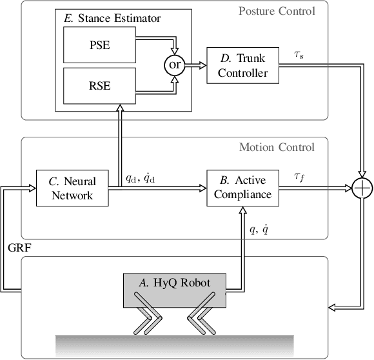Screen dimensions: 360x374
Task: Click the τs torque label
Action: (x=300, y=56)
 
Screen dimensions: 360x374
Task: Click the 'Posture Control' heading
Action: (x=277, y=11)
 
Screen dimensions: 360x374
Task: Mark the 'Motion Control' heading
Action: (x=277, y=147)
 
